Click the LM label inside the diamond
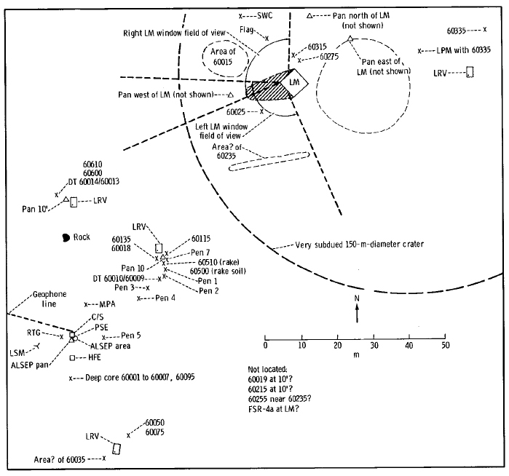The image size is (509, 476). tap(294, 82)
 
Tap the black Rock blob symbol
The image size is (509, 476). tap(67, 237)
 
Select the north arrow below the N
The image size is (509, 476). tap(357, 314)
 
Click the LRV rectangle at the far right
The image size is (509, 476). tap(470, 72)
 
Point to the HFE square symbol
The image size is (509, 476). tap(72, 358)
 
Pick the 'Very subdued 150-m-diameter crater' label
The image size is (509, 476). tap(360, 245)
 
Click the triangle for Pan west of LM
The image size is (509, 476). tap(230, 95)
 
